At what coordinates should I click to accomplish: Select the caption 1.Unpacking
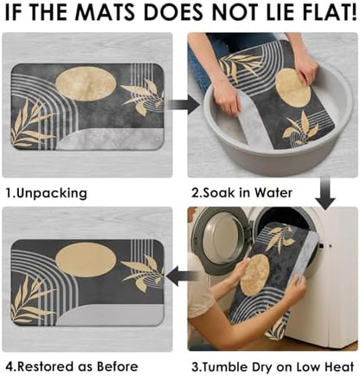(47, 193)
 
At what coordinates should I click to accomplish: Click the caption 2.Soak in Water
(241, 192)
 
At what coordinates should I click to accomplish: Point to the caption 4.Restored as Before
(72, 366)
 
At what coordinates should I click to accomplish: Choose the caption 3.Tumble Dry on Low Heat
(273, 366)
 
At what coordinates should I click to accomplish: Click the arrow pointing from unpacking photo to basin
(183, 105)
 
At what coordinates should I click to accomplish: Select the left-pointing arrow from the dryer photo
(183, 276)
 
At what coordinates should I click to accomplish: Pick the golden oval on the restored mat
(86, 259)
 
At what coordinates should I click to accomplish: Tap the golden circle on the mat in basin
(292, 88)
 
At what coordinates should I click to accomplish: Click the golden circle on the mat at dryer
(254, 275)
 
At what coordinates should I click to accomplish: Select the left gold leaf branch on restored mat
(32, 299)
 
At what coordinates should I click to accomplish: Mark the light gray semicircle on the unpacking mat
(111, 139)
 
